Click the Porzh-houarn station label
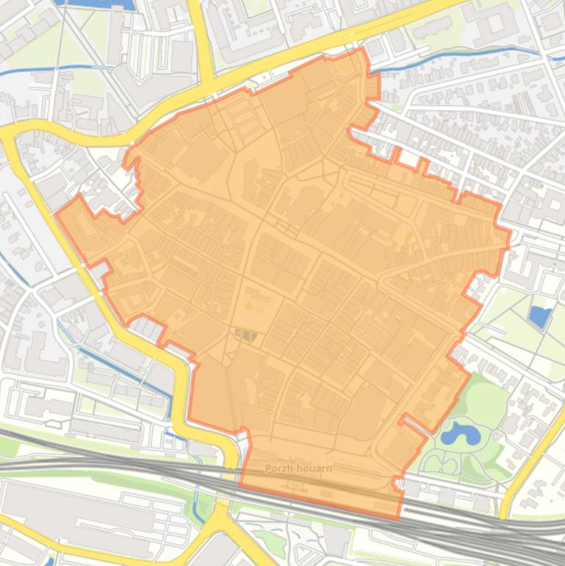[x=299, y=468]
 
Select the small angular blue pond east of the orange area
[x=540, y=317]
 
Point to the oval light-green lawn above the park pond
[x=485, y=401]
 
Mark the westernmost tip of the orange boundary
[x=57, y=214]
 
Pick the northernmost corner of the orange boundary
[x=362, y=49]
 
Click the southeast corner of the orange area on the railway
[x=400, y=517]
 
